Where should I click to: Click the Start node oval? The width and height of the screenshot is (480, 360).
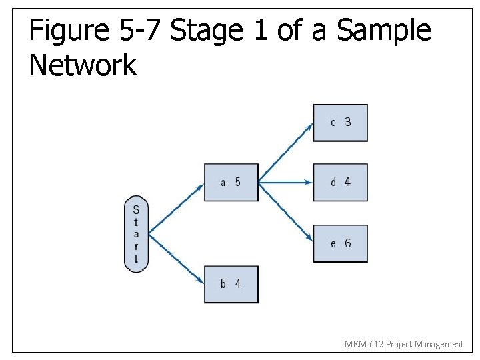pyautogui.click(x=136, y=234)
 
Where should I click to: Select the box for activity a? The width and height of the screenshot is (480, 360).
pyautogui.click(x=231, y=182)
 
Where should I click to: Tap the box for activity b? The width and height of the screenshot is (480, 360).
pyautogui.click(x=231, y=284)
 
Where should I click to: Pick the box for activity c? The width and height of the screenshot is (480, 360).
pyautogui.click(x=340, y=123)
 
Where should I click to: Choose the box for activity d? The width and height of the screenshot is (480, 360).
pyautogui.click(x=340, y=182)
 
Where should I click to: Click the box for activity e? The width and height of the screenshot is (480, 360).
pyautogui.click(x=340, y=243)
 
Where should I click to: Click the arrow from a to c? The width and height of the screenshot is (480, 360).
pyautogui.click(x=285, y=153)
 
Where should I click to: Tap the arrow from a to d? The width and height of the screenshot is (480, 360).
pyautogui.click(x=285, y=182)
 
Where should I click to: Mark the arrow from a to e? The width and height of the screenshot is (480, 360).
pyautogui.click(x=285, y=211)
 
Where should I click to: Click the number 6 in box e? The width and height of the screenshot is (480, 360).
pyautogui.click(x=347, y=243)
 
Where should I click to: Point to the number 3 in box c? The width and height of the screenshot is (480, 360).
pyautogui.click(x=347, y=122)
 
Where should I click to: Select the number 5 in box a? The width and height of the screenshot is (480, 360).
pyautogui.click(x=237, y=182)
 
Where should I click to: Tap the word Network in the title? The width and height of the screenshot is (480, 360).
pyautogui.click(x=83, y=65)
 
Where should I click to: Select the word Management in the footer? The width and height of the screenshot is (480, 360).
pyautogui.click(x=438, y=344)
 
